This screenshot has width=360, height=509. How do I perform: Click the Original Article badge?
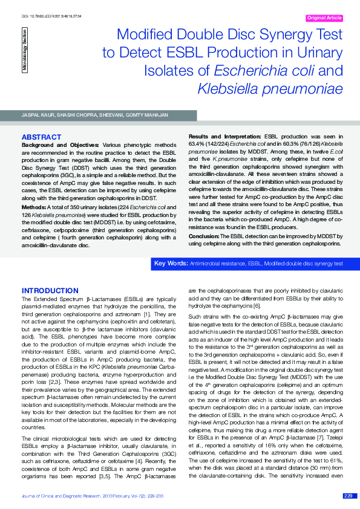coord(325,18)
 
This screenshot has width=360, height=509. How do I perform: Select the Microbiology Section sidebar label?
coord(25,51)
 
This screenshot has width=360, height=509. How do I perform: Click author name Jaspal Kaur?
coord(36,115)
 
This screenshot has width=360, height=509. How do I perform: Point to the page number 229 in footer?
coord(347,495)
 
